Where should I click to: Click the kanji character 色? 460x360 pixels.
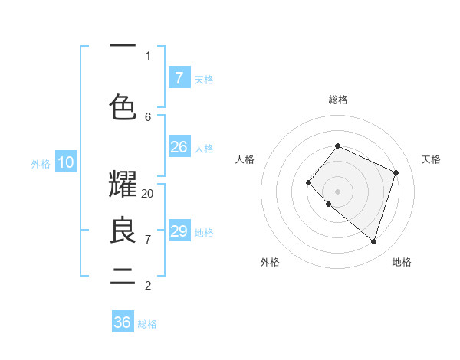123,106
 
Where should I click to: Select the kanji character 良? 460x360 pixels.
123,231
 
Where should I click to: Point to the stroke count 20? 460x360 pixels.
148,194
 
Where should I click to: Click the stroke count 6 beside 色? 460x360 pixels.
148,116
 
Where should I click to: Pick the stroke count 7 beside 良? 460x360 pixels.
148,240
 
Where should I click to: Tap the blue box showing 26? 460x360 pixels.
179,147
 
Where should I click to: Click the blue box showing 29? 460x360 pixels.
179,231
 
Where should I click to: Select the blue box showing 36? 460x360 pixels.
123,322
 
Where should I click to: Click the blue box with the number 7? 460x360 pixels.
179,77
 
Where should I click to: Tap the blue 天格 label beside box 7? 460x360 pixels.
204,79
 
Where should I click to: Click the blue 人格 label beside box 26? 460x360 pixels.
204,149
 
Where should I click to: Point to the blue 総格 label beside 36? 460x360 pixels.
147,324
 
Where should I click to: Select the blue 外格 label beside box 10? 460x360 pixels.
41,163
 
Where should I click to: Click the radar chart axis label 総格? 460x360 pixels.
338,100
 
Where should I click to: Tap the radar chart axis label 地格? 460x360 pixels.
402,262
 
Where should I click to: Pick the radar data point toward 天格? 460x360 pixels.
396,172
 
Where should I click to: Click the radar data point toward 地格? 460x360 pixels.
373,241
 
